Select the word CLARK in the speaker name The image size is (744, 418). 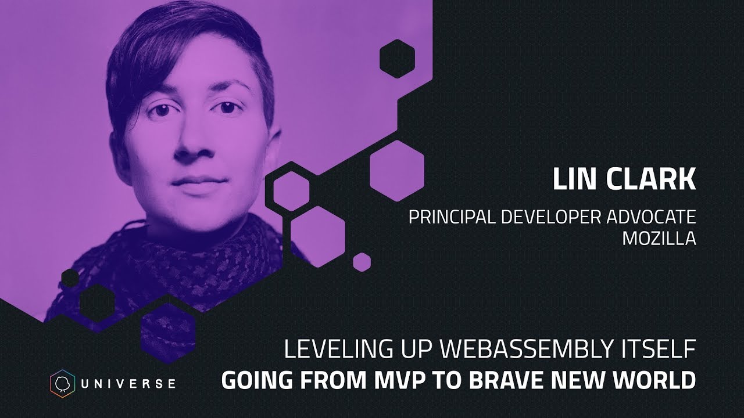point(651,180)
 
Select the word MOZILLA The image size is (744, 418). point(659,239)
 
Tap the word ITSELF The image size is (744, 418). point(664,350)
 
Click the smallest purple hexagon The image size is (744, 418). point(362,262)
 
